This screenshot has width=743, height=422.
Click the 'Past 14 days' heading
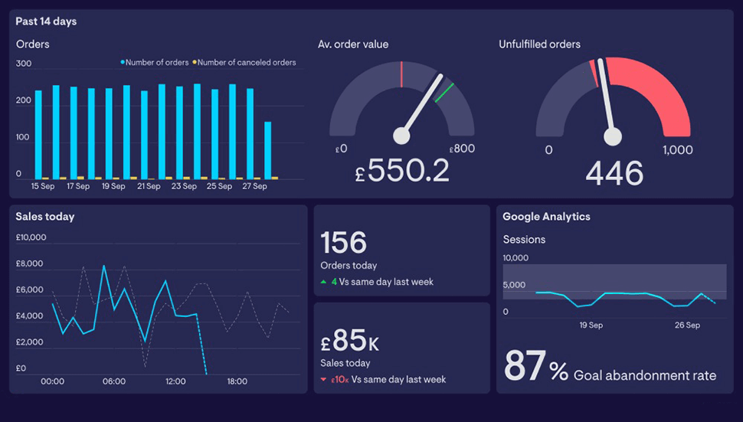click(x=46, y=21)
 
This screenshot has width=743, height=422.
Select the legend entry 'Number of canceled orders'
click(x=246, y=63)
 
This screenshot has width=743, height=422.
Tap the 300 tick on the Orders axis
click(x=24, y=64)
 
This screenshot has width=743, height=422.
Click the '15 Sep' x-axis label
click(x=43, y=186)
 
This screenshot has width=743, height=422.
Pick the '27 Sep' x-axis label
click(x=254, y=186)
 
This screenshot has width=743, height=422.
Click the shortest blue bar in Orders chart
click(x=267, y=149)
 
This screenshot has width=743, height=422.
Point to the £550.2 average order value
click(x=402, y=172)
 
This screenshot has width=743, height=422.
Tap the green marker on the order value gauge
click(x=444, y=93)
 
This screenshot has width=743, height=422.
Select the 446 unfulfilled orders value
click(x=614, y=173)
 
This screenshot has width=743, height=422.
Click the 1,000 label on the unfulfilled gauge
click(x=677, y=150)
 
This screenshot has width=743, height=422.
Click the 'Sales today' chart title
click(x=45, y=217)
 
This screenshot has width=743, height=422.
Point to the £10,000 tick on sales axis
click(x=31, y=237)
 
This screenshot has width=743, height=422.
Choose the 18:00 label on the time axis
click(x=237, y=381)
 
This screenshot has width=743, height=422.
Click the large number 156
click(x=343, y=243)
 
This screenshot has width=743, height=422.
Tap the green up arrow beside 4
click(x=324, y=282)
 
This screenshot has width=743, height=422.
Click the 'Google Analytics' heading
click(x=546, y=217)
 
